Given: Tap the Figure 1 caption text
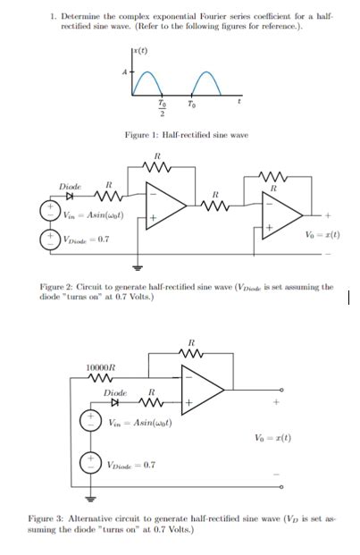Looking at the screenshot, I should (185, 134).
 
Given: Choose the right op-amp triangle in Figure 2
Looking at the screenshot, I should (284, 215).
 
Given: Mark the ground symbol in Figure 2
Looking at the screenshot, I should (138, 267).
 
